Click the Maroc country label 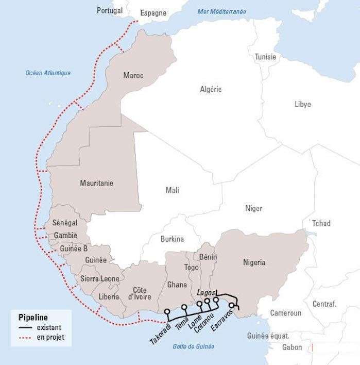click(x=133, y=76)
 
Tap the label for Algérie click(x=211, y=89)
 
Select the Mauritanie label click(x=97, y=183)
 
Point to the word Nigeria click(x=254, y=262)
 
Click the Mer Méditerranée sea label click(x=221, y=12)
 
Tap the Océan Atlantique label click(x=48, y=73)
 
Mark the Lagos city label click(x=205, y=292)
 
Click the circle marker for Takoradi click(x=167, y=311)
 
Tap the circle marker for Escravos click(x=232, y=306)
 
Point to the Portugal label click(x=110, y=10)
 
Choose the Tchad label click(x=321, y=223)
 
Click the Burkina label click(x=172, y=239)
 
